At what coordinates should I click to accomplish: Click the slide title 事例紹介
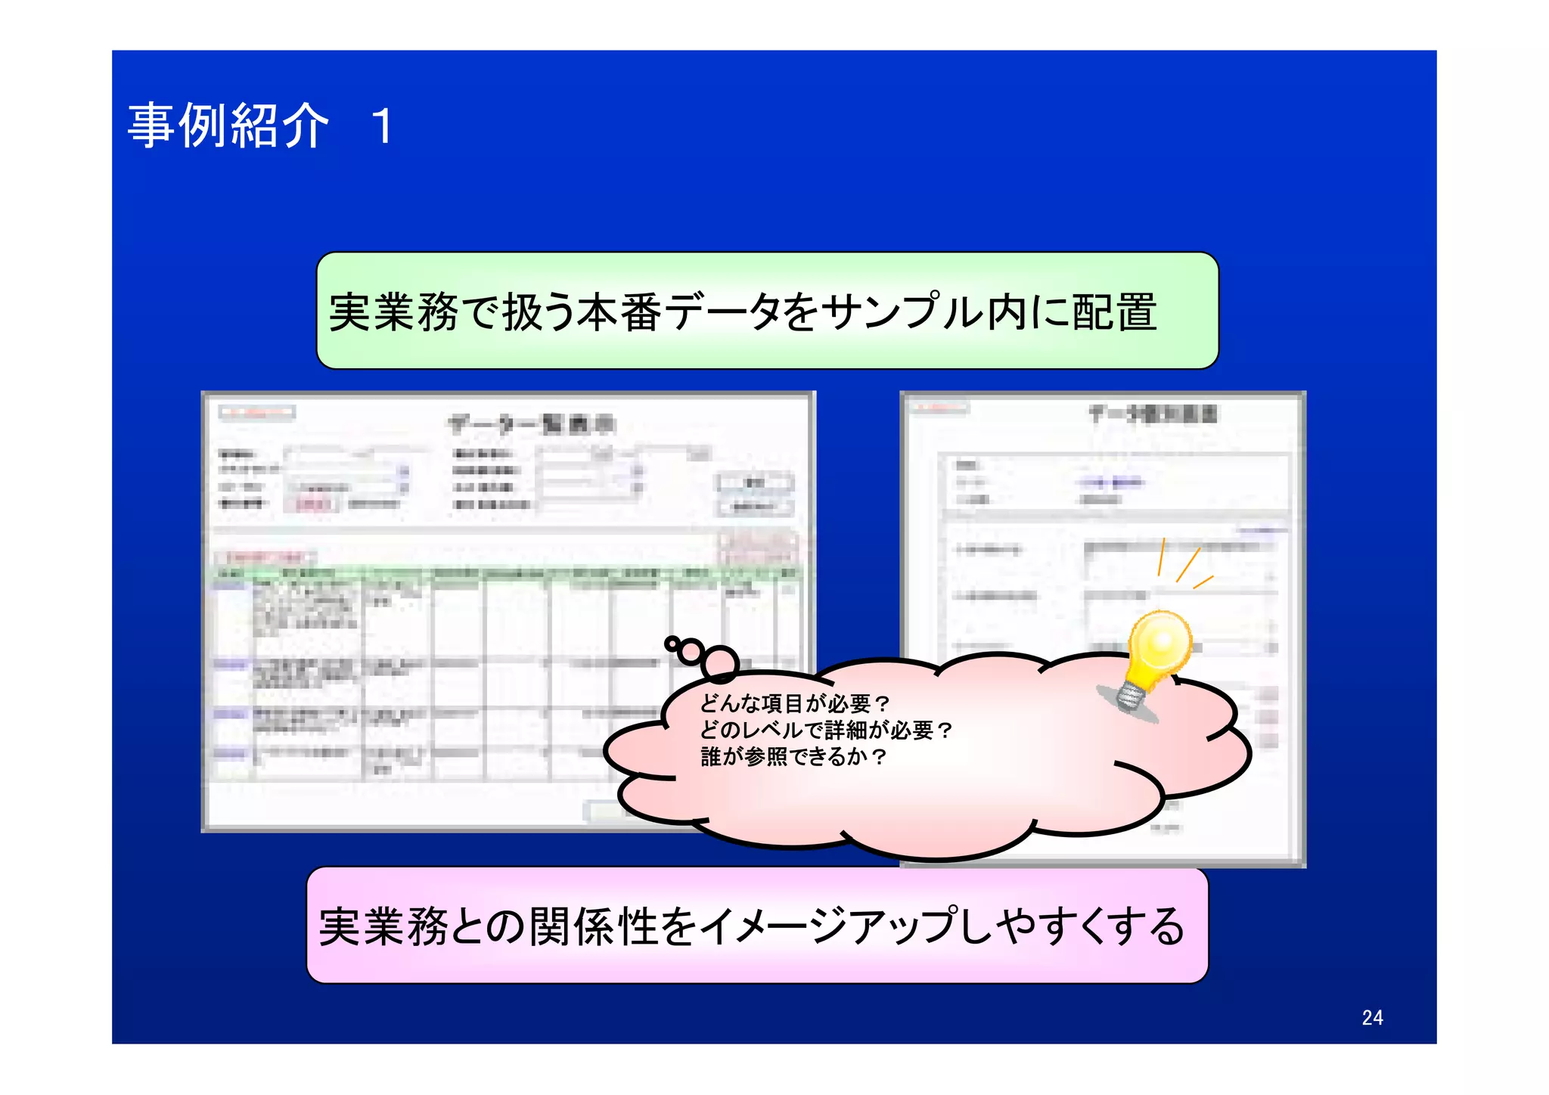(x=228, y=126)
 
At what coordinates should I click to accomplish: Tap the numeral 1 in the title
(x=383, y=126)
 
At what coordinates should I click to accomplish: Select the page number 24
(x=1372, y=1018)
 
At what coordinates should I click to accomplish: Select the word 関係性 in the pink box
(x=594, y=927)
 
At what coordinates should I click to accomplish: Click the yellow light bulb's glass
(x=1159, y=643)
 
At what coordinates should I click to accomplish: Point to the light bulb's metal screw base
(x=1130, y=696)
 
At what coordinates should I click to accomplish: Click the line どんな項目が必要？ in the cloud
(x=795, y=704)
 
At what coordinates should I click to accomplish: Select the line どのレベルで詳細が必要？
(x=826, y=731)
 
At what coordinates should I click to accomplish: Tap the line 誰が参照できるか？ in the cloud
(x=793, y=757)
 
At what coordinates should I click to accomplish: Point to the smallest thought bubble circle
(x=671, y=644)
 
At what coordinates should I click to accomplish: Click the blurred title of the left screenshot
(x=531, y=424)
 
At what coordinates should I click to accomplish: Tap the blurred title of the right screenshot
(x=1153, y=414)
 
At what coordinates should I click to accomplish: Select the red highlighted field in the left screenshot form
(x=312, y=504)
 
